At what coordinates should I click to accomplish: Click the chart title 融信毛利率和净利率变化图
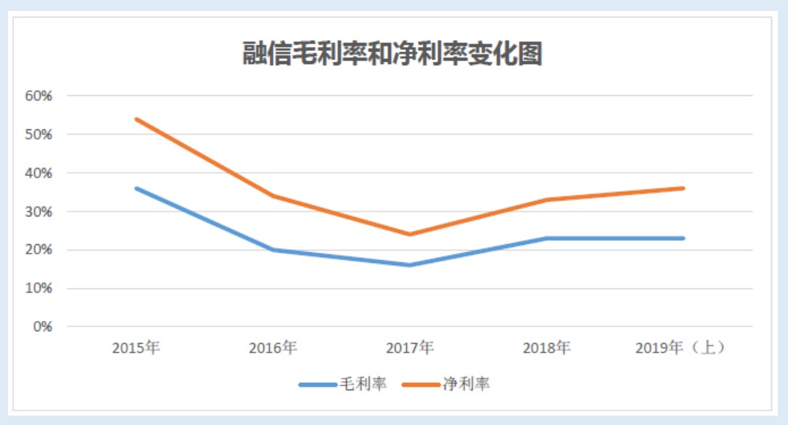(x=393, y=54)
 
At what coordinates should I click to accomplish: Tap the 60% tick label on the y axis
(x=38, y=96)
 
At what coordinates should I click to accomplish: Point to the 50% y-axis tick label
(x=38, y=134)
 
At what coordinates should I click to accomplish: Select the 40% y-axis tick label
(x=38, y=173)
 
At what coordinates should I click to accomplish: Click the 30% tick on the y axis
(x=38, y=211)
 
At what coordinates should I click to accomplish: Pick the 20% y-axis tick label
(x=38, y=250)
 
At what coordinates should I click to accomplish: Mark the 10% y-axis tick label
(x=38, y=288)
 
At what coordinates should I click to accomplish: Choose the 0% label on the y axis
(x=42, y=327)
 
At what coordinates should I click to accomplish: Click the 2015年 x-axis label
(x=136, y=348)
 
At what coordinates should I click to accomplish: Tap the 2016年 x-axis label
(x=273, y=348)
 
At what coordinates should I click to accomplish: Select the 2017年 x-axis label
(x=410, y=348)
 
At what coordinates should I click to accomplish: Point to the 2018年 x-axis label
(x=546, y=348)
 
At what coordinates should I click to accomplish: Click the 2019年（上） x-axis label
(x=680, y=348)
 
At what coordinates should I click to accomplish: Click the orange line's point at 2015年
(x=136, y=119)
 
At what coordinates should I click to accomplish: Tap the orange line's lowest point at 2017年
(x=410, y=234)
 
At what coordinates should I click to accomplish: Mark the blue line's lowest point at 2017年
(x=410, y=265)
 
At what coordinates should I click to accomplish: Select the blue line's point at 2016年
(x=273, y=250)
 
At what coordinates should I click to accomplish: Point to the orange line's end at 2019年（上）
(x=683, y=188)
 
